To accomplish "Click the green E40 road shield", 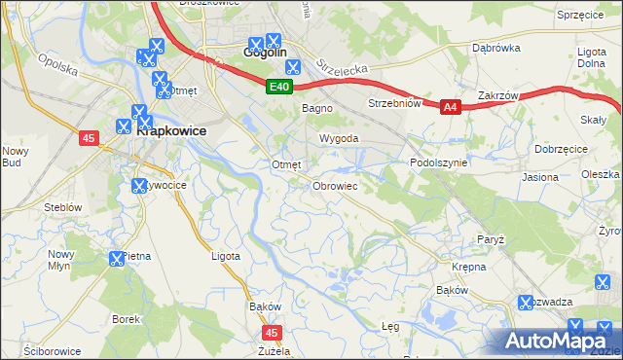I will [279, 88].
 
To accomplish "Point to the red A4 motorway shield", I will [450, 108].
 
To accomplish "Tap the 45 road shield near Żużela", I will [272, 333].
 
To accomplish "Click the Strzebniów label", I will [393, 103].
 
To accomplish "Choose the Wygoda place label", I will [340, 139].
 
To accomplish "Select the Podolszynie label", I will [439, 163].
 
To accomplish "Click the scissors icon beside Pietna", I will [117, 258].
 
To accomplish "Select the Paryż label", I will [490, 238].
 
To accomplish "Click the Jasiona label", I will [540, 178].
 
